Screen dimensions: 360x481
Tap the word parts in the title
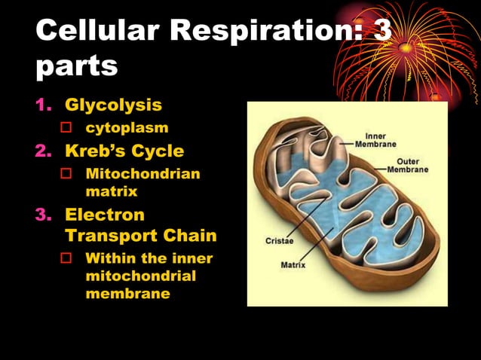[x=76, y=66]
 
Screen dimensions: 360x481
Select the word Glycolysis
[x=113, y=104]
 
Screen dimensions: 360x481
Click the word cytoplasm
[x=127, y=127]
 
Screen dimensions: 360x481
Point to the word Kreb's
[x=94, y=151]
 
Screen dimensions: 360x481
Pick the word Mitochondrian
[x=143, y=174]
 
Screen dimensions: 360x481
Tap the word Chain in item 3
[x=189, y=236]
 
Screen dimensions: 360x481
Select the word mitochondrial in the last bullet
[x=141, y=276]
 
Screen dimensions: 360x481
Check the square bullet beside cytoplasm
[x=66, y=127]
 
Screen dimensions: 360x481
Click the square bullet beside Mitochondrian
[x=66, y=174]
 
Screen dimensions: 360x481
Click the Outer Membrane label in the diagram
[x=407, y=165]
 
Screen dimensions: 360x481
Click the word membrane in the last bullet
[x=127, y=294]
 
